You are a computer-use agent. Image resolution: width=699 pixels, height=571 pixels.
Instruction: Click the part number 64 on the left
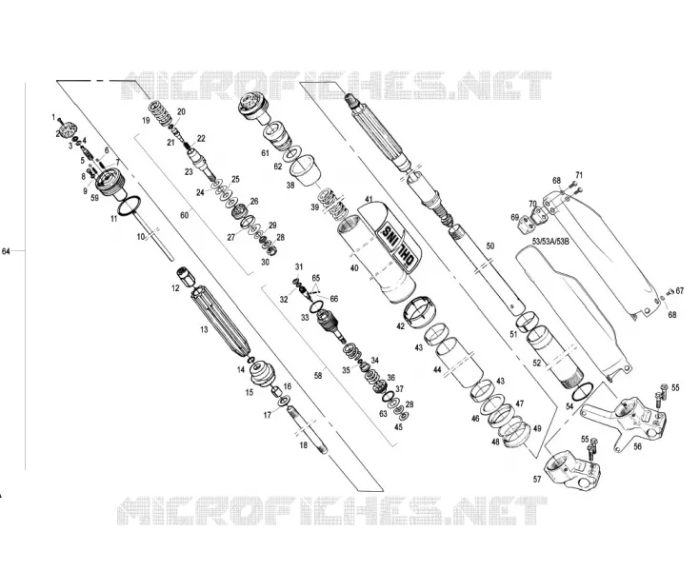tap(6, 251)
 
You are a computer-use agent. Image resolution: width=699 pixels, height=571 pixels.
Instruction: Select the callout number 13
tap(204, 329)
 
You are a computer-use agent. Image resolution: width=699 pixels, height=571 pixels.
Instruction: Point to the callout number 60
tap(184, 215)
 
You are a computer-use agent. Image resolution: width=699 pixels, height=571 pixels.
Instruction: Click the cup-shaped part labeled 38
tap(306, 171)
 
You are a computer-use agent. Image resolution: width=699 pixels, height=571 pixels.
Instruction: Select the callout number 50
tap(489, 246)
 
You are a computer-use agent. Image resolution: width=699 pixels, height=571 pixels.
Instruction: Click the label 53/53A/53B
tap(550, 241)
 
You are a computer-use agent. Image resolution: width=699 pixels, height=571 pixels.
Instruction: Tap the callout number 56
tap(637, 446)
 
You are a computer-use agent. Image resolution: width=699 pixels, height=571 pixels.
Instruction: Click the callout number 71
tap(579, 175)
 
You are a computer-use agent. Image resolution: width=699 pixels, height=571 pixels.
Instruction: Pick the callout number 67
tap(679, 291)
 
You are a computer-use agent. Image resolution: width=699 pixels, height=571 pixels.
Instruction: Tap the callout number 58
tap(318, 376)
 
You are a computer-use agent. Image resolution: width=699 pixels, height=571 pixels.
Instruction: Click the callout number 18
tap(304, 445)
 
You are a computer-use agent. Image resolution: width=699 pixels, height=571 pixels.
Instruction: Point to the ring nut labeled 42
tap(421, 312)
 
